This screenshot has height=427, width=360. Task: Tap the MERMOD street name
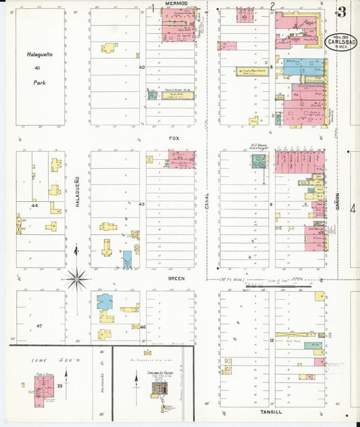176,5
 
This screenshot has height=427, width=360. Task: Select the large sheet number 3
342,11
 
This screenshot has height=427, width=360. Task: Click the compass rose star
78,276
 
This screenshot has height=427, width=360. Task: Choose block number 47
39,326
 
